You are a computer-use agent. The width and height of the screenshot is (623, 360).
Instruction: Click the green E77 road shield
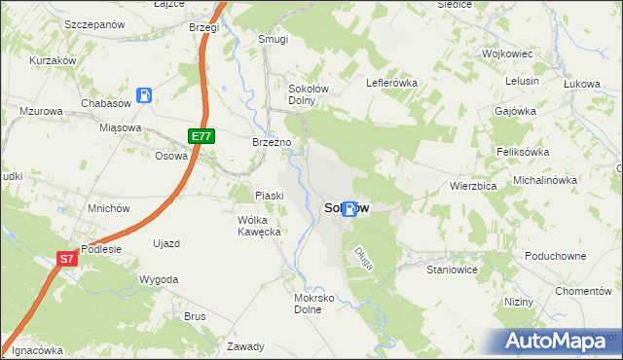(201, 137)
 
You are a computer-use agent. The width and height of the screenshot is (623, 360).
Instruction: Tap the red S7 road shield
(65, 259)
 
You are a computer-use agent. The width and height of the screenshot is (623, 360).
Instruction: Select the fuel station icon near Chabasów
(144, 95)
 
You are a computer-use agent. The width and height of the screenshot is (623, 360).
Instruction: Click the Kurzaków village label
(53, 59)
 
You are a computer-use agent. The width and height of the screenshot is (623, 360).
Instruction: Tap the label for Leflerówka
(391, 83)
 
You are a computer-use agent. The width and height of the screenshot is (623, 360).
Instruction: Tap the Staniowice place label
(452, 270)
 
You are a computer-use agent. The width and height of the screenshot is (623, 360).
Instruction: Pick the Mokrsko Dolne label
(314, 304)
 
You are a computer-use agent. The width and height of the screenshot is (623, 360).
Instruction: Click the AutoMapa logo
(559, 341)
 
